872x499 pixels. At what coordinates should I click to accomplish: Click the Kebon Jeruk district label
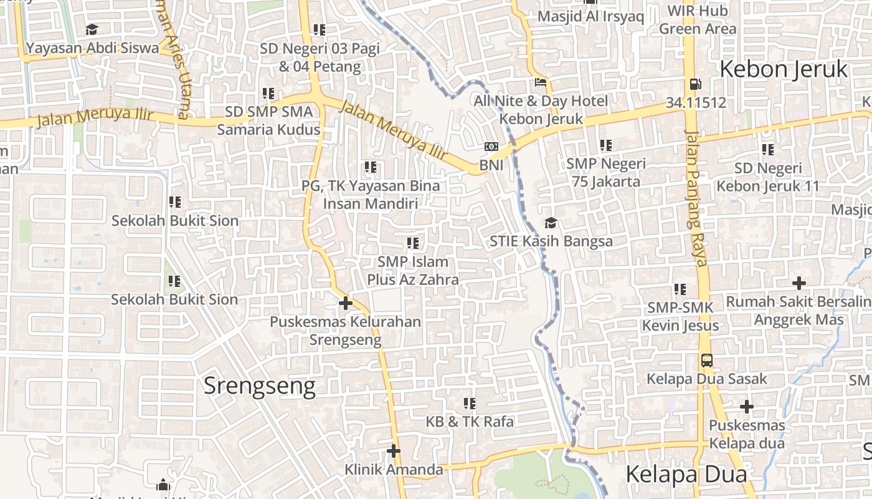[x=784, y=69]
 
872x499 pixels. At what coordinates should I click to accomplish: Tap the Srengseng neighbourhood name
[x=260, y=386]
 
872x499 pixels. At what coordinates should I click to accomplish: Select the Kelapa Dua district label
[x=686, y=474]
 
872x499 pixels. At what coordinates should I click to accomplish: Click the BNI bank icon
[x=491, y=147]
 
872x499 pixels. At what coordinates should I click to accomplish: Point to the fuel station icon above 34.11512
[x=695, y=84]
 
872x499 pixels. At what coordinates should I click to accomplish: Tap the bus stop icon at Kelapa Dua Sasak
[x=707, y=360]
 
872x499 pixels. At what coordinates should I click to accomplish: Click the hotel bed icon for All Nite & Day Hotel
[x=541, y=82]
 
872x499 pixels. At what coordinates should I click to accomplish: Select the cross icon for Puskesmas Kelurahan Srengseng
[x=345, y=304]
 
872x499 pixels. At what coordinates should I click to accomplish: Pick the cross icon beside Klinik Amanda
[x=393, y=450]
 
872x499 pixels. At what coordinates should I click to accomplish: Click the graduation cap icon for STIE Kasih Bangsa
[x=551, y=223]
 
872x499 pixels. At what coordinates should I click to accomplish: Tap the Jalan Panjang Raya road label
[x=696, y=198]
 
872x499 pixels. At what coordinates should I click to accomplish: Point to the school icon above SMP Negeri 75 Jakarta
[x=606, y=145]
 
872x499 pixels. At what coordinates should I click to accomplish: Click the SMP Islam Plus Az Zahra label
[x=413, y=271]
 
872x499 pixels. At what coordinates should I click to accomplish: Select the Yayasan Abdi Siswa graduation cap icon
[x=92, y=29]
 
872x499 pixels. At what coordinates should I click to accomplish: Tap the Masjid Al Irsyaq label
[x=590, y=16]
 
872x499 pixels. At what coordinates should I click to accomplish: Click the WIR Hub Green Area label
[x=698, y=19]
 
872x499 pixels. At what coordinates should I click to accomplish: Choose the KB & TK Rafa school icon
[x=470, y=404]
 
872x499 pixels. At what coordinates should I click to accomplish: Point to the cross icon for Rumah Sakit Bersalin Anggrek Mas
[x=799, y=283]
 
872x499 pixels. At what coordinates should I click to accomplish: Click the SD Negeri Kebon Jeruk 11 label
[x=768, y=177]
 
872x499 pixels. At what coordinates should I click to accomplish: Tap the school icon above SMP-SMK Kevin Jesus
[x=680, y=289]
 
